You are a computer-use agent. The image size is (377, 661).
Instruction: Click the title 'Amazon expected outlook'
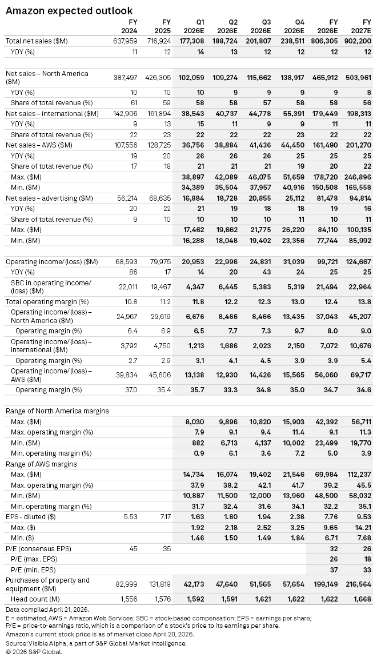click(x=69, y=10)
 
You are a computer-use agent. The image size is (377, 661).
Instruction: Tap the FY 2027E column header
click(x=362, y=26)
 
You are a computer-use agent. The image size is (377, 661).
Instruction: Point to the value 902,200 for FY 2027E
click(x=358, y=41)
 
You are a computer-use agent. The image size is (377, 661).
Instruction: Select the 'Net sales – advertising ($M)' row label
click(x=49, y=198)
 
